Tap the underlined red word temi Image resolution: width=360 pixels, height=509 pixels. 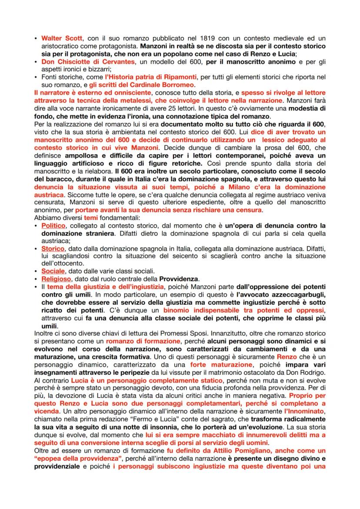91,217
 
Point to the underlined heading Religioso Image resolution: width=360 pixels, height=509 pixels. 55,279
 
